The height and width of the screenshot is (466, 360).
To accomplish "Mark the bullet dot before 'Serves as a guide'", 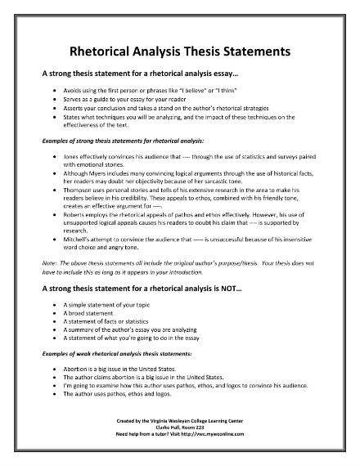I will pyautogui.click(x=54, y=97).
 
